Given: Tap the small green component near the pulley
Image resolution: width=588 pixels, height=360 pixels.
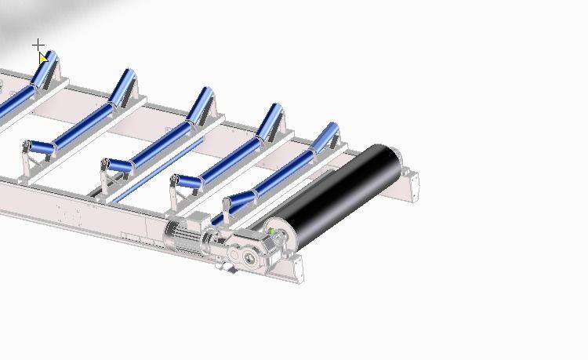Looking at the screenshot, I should (272, 230).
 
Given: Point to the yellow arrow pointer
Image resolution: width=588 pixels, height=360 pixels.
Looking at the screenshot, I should (43, 58).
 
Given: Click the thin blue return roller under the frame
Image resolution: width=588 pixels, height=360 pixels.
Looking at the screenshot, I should (157, 169).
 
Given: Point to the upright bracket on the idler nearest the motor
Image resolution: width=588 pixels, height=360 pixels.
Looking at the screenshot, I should (226, 210).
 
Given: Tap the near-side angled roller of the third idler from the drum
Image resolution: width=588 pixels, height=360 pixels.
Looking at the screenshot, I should (118, 166).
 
